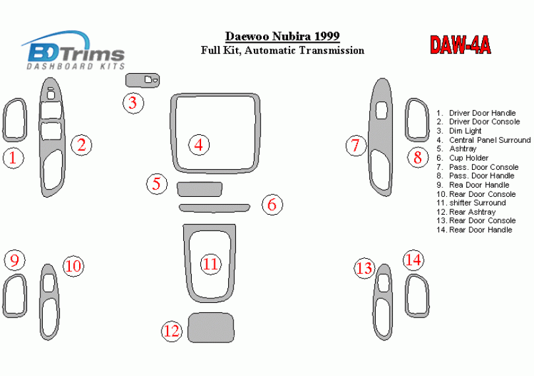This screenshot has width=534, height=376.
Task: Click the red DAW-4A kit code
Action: [x=460, y=45]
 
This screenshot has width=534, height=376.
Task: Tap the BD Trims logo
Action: [x=73, y=50]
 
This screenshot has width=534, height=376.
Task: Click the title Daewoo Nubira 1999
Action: [x=282, y=36]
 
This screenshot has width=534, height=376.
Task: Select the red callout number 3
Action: [x=133, y=103]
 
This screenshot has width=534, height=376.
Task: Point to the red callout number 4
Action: [x=199, y=145]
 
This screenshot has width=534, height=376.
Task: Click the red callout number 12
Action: [x=171, y=331]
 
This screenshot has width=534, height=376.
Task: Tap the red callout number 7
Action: [x=355, y=146]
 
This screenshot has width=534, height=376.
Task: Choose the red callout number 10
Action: [x=73, y=266]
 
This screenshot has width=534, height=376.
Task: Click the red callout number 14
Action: [x=413, y=260]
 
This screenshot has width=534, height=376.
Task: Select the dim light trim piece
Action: [x=142, y=80]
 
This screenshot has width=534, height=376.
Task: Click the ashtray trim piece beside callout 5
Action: [x=200, y=189]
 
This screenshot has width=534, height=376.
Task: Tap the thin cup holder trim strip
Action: [x=214, y=208]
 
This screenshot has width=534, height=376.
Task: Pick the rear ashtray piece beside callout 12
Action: [x=211, y=328]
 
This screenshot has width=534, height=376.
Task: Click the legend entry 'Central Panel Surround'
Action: [x=484, y=140]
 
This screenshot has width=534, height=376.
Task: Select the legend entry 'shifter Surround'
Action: [x=471, y=203]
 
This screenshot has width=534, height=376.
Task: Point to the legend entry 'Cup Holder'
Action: [x=463, y=158]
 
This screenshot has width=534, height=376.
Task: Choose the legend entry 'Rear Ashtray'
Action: [x=466, y=211]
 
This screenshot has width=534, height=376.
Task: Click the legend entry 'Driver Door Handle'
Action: [x=476, y=113]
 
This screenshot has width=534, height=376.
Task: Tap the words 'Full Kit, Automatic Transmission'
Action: [x=282, y=50]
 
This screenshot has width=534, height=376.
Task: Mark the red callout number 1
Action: [x=13, y=158]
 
